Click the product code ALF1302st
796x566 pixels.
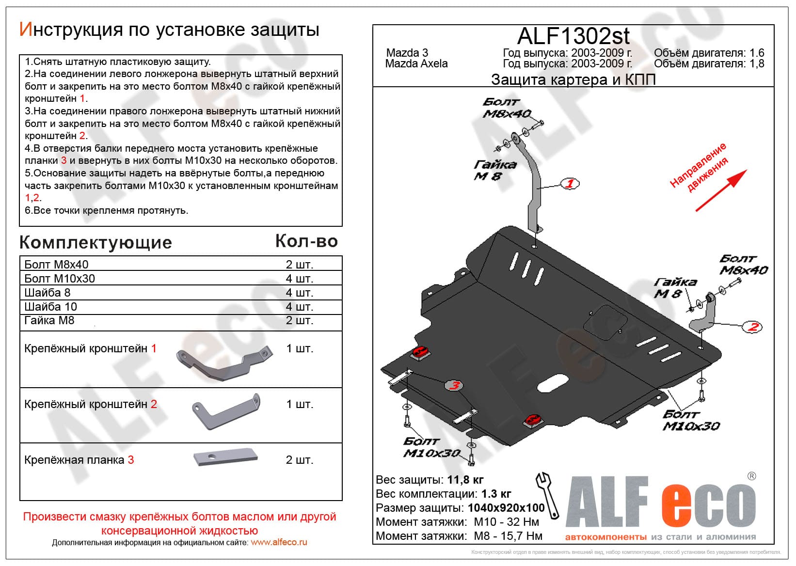coord(573,36)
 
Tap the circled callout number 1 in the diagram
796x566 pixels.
coord(570,184)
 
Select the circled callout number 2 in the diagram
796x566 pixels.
coord(752,327)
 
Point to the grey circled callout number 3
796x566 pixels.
coord(454,386)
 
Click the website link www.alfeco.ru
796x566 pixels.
coord(279,542)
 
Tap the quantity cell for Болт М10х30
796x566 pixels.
coord(299,279)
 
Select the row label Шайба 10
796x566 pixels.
coord(50,307)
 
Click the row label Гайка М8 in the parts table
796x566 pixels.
coord(49,320)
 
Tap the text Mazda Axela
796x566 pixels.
coord(416,63)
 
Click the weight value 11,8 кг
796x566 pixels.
coord(465,480)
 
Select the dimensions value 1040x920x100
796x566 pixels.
coord(506,508)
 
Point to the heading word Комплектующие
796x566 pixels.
coord(96,242)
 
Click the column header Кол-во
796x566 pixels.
coord(306,241)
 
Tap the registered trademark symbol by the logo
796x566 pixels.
coord(751,476)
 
